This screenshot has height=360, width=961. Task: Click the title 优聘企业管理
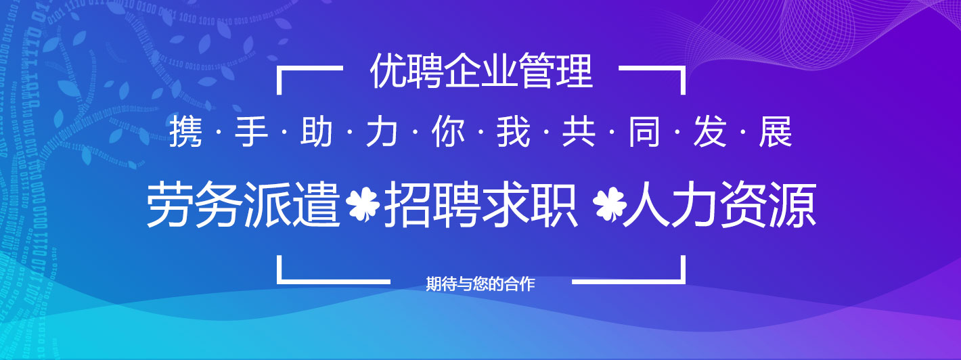[481, 72]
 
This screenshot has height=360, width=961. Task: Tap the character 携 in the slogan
[185, 132]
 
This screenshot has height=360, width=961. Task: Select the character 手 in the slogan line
[251, 132]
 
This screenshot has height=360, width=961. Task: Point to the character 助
[317, 132]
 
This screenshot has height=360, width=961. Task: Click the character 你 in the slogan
[448, 132]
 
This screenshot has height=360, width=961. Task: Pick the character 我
[514, 132]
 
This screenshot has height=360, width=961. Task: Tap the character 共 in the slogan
[579, 132]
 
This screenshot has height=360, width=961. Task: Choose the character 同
[644, 132]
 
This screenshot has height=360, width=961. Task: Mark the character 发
[710, 132]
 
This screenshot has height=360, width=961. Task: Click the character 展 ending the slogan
[776, 132]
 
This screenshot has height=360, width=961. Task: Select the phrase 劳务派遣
[243, 204]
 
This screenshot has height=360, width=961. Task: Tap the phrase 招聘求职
[480, 204]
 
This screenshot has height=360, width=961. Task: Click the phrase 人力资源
[719, 204]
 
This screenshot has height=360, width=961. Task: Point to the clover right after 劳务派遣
[363, 204]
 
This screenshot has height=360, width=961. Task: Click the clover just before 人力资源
[609, 204]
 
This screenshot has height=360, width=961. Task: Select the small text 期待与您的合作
[480, 284]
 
